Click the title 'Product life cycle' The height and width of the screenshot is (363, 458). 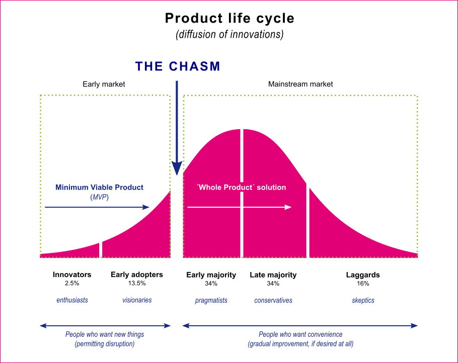point(229,19)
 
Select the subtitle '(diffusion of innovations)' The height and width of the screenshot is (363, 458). point(229,35)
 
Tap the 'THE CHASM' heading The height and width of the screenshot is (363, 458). point(178,66)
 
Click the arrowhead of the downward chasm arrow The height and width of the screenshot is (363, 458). point(177,168)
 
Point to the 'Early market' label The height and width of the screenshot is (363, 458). point(104,84)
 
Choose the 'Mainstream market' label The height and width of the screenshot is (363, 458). point(300,84)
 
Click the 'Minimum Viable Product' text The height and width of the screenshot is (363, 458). point(99,188)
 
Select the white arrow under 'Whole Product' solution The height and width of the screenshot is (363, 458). point(239,207)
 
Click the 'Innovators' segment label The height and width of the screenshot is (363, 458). point(72,275)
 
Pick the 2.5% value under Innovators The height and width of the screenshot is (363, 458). point(72,284)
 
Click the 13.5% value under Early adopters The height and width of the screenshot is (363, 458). point(137,284)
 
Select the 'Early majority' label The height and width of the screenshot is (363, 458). point(211,275)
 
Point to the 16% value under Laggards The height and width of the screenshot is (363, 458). point(362,284)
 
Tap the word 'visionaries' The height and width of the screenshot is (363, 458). point(137,300)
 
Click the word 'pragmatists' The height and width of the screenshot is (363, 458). point(211,300)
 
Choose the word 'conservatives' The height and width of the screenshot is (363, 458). point(273,300)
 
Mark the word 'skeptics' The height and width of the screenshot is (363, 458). point(362,300)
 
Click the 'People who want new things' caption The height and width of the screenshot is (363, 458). point(105,334)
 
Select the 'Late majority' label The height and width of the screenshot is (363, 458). point(273,275)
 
